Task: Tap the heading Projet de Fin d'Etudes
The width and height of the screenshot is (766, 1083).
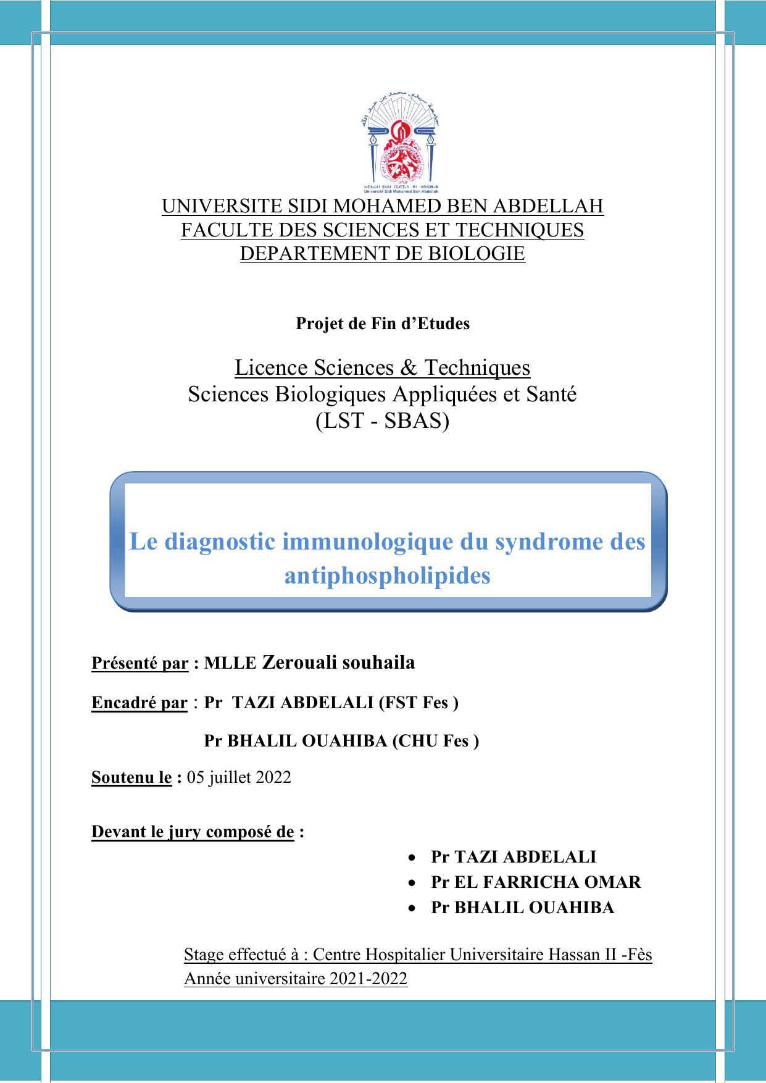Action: pos(383,324)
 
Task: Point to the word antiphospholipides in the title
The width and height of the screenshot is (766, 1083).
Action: pos(388,575)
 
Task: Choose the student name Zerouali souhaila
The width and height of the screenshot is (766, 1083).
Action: pos(339,663)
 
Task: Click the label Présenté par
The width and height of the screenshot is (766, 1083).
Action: pos(139,664)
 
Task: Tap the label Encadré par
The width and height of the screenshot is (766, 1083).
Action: pos(139,703)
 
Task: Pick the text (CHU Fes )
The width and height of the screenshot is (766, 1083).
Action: pos(436,741)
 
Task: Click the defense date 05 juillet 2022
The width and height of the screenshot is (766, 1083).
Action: pos(239,777)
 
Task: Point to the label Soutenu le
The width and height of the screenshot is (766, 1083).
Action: pos(131,777)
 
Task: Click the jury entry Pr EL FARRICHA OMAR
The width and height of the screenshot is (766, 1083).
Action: pos(536,882)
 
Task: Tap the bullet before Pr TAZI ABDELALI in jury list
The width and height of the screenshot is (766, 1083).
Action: pos(412,858)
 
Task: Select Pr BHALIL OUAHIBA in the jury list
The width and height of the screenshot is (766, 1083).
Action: pos(522,907)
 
